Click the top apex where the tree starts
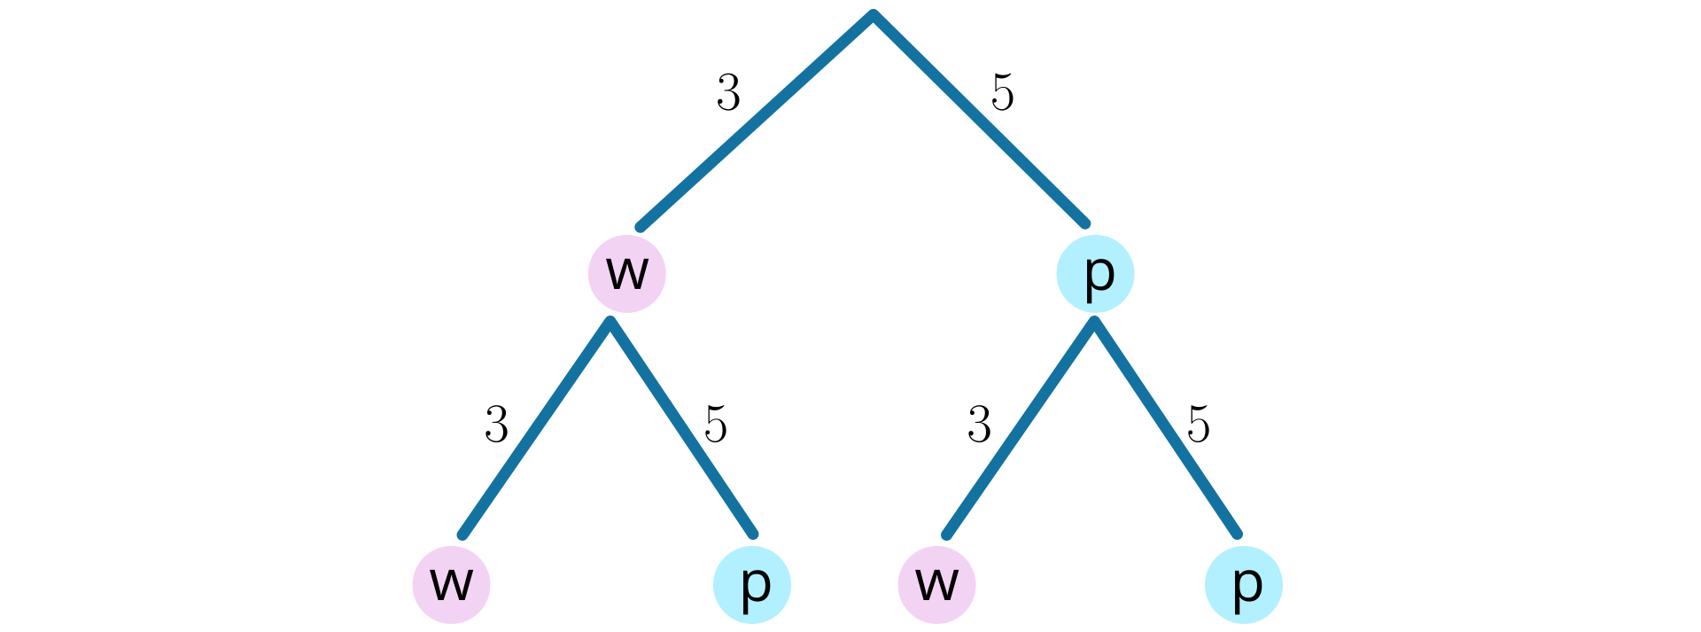click(x=873, y=15)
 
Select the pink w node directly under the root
click(x=626, y=274)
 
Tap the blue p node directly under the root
click(x=1095, y=274)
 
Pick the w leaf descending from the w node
click(x=451, y=585)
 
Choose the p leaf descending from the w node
click(x=752, y=585)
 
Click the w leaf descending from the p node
click(x=936, y=585)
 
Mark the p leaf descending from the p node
click(x=1244, y=585)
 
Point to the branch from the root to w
click(x=756, y=121)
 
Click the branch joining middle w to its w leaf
click(x=535, y=428)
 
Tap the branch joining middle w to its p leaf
click(x=682, y=428)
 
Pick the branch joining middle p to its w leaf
click(x=1020, y=428)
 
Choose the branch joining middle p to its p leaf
click(x=1166, y=428)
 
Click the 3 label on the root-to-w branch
click(x=728, y=93)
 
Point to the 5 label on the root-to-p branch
click(x=1002, y=93)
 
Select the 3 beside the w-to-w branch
click(x=496, y=425)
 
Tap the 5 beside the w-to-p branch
click(x=716, y=425)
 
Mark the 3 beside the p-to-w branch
click(x=979, y=425)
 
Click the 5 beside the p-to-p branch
click(x=1199, y=425)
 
